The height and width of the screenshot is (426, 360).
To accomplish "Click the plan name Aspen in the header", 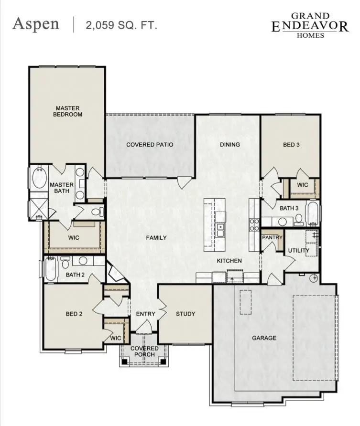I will (x=36, y=24).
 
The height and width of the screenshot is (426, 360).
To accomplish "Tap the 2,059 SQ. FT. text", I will (x=121, y=25).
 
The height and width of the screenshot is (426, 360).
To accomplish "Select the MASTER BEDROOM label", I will (x=67, y=111).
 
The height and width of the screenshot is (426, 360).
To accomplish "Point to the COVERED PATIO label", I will (x=149, y=145).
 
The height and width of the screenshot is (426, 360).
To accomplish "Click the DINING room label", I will (x=229, y=145).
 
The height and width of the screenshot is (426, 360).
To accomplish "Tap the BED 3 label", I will (x=291, y=145).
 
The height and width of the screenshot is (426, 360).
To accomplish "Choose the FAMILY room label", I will (x=156, y=237).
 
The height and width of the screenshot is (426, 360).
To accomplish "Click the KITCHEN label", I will (x=229, y=261).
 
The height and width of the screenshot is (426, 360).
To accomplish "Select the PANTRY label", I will (x=272, y=237).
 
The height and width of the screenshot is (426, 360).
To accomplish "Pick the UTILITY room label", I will (x=298, y=250).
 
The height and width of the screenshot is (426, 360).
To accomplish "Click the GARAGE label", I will (x=264, y=338).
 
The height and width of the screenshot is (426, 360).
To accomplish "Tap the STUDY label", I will (x=185, y=314).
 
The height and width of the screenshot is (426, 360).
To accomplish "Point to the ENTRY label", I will (x=145, y=314).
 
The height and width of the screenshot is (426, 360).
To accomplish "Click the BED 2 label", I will (x=74, y=314).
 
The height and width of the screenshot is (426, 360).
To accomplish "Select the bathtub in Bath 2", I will (x=51, y=269).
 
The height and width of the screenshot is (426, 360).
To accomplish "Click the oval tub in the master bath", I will (x=38, y=181).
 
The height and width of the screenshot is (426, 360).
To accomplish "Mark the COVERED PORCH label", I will (x=144, y=351).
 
